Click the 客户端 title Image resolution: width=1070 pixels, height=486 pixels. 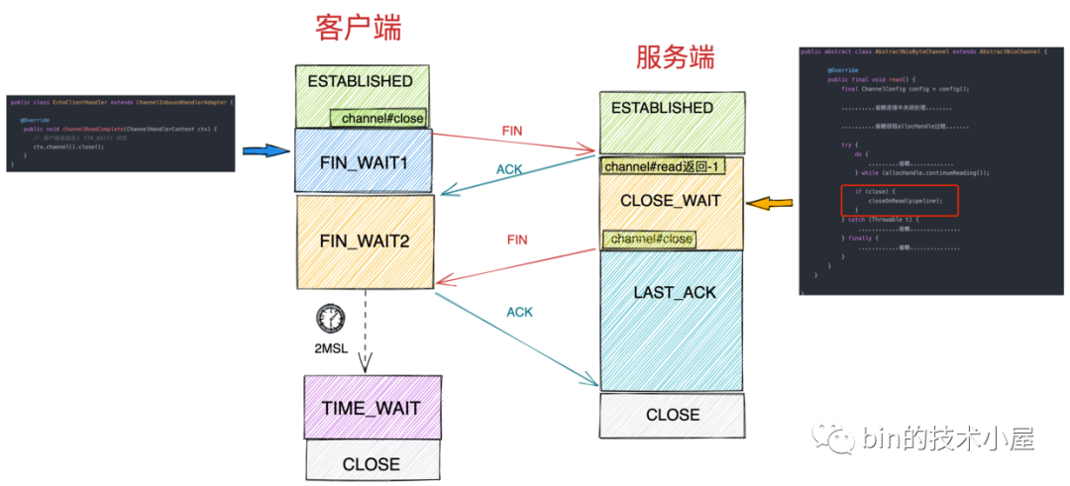coord(359,27)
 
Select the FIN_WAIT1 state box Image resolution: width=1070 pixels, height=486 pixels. coord(365,160)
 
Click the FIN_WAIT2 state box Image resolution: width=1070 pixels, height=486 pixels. coord(365,241)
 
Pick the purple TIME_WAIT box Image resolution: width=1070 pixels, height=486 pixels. coord(371,408)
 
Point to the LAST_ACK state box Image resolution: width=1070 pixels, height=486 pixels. coord(674,293)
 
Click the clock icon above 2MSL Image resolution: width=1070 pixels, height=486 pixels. coord(329,318)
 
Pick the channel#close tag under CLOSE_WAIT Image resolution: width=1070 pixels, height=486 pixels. coord(650,239)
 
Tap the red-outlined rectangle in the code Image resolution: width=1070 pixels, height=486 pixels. coord(895,199)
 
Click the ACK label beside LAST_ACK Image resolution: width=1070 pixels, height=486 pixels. coord(519,312)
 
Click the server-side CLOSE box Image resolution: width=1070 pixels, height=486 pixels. coord(673,415)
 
